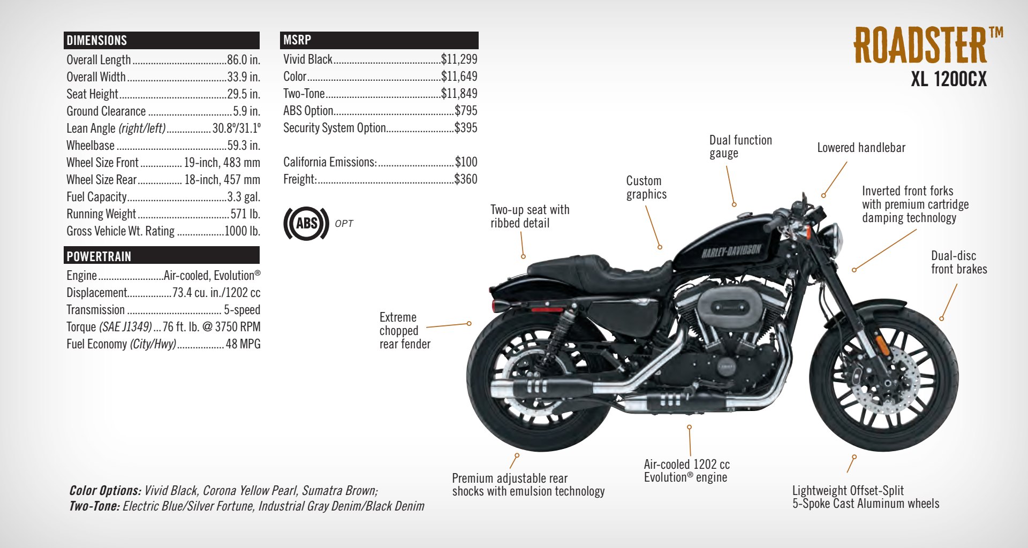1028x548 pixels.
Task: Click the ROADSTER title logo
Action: (921, 45)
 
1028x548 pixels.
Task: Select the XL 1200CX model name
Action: (948, 80)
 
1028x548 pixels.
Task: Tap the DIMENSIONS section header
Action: (97, 41)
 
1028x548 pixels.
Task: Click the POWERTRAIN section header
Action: (99, 256)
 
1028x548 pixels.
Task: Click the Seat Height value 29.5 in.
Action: (244, 94)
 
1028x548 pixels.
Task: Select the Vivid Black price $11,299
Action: (459, 59)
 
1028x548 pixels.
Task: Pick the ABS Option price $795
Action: (466, 111)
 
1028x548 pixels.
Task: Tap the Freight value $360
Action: (466, 179)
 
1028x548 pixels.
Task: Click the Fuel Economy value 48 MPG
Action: (243, 344)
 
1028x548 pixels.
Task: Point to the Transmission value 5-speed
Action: (242, 310)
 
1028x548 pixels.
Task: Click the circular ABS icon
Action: (306, 223)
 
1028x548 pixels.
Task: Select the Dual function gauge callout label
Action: (740, 147)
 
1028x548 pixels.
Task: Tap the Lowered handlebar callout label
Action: (861, 148)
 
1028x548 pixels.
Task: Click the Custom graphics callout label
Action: (646, 187)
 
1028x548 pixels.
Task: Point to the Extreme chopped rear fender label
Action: (404, 331)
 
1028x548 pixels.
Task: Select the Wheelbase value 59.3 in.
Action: (244, 146)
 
